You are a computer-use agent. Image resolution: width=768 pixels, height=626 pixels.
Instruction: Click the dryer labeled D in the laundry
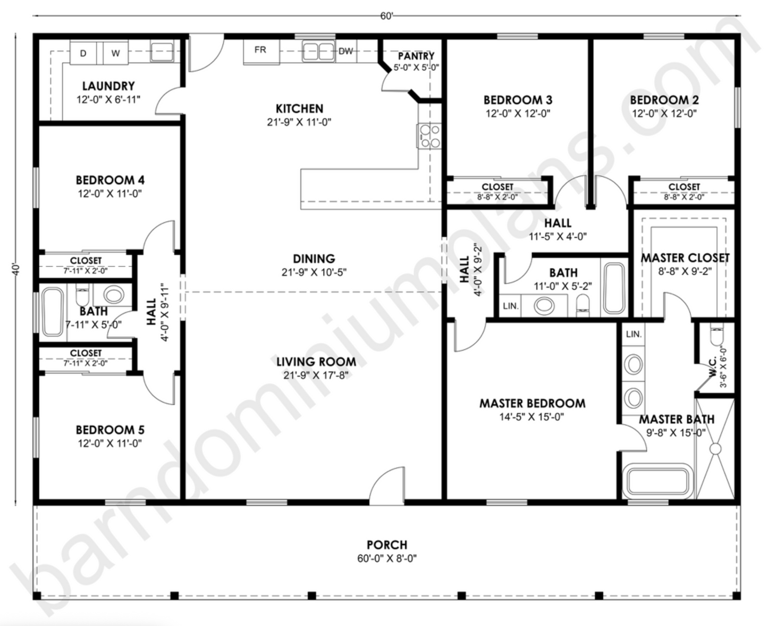(x=83, y=53)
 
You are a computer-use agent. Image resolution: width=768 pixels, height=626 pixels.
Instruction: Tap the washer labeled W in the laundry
(x=115, y=53)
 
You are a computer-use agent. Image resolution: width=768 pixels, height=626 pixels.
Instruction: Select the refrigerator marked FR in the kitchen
(x=260, y=51)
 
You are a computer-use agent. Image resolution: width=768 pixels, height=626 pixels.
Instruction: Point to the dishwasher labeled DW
(x=346, y=51)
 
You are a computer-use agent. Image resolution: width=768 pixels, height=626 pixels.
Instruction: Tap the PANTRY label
(x=416, y=56)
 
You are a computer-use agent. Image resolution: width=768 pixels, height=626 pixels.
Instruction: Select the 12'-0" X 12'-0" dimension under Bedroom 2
(x=664, y=113)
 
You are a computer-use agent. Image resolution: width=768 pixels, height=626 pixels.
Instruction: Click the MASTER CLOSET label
(x=685, y=258)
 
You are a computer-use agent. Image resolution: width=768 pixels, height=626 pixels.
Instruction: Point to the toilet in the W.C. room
(x=715, y=336)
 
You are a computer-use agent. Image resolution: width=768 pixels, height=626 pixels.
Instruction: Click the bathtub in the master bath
(x=659, y=481)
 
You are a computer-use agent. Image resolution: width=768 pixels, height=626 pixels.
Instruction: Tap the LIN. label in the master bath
(x=634, y=335)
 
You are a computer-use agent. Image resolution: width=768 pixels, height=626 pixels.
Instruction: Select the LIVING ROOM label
(x=316, y=362)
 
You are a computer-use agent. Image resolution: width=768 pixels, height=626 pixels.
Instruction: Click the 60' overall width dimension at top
(x=386, y=16)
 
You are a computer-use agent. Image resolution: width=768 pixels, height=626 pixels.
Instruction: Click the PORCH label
(x=386, y=545)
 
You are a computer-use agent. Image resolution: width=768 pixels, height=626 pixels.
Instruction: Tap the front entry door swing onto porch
(x=387, y=485)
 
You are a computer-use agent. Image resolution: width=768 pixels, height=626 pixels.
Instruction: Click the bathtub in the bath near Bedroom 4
(x=52, y=312)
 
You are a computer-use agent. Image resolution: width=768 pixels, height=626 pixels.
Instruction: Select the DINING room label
(x=314, y=259)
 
